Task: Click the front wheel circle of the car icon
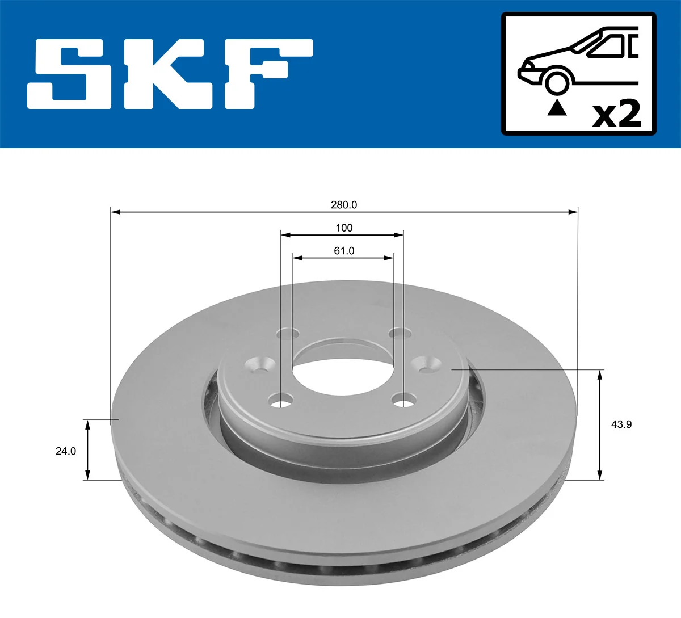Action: (557, 81)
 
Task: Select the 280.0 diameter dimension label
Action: (344, 205)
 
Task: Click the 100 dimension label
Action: (344, 228)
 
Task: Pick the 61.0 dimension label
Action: (344, 250)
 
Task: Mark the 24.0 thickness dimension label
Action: (65, 451)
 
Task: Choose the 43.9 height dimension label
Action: (621, 424)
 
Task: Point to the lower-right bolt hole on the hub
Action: (403, 403)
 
